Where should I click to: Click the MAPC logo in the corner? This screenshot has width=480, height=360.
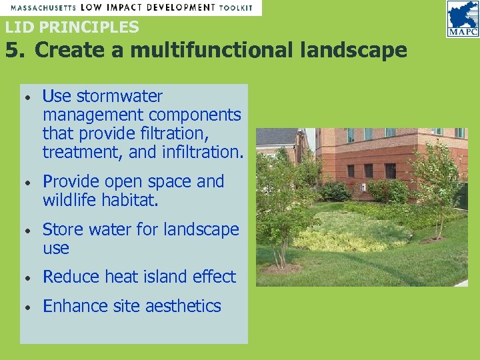[462, 19]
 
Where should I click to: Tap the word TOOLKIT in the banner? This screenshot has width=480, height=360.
[236, 7]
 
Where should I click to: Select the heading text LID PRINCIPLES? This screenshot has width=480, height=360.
[72, 27]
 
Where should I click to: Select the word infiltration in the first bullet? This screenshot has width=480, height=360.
[200, 152]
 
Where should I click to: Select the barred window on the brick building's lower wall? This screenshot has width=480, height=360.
[390, 170]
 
